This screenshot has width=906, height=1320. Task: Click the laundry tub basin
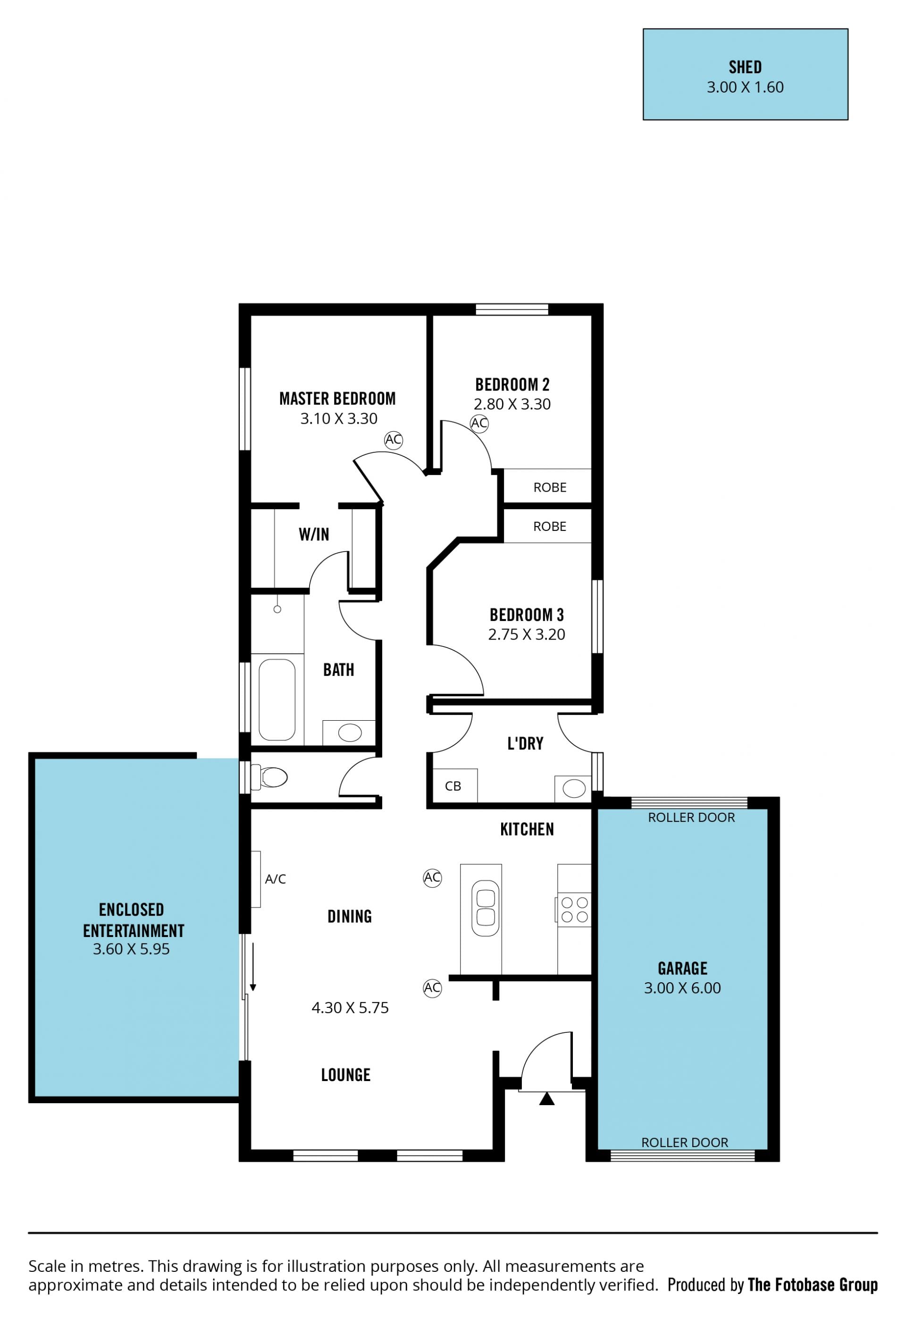coord(574,788)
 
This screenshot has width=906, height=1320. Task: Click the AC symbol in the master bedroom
coord(394,440)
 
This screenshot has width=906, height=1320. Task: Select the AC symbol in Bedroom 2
coord(479,423)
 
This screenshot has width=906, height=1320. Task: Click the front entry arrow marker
coord(546,1099)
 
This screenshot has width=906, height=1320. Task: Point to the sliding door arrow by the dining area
coord(252,967)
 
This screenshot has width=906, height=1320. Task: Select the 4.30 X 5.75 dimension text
coord(350,1008)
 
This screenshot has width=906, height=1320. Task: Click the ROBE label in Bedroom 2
coord(550,487)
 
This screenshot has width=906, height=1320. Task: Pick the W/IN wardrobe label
coord(314,534)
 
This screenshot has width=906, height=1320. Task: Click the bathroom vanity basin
coord(350,732)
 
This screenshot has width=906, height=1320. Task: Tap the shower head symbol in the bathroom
coord(277,609)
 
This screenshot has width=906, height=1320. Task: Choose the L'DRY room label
coord(525,743)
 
